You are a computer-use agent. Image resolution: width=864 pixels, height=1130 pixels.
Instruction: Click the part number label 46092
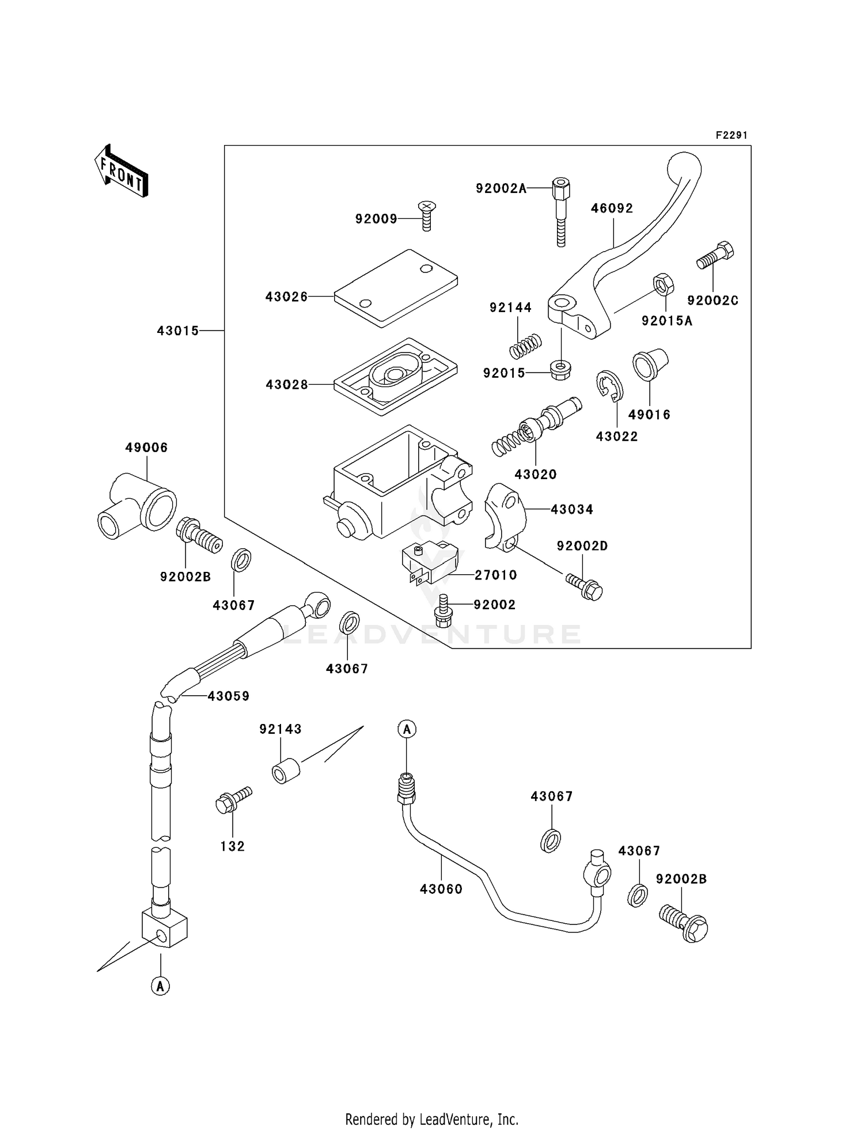pos(612,208)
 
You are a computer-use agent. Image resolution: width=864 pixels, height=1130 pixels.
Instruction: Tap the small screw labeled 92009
pos(426,215)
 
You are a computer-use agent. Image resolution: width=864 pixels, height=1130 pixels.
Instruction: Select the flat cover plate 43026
pos(396,288)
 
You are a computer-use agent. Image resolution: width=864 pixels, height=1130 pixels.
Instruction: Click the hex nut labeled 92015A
pos(664,285)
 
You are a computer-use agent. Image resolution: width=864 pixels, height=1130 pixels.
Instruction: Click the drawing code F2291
pos(732,135)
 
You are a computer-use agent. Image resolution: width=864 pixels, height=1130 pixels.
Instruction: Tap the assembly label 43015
pos(178,331)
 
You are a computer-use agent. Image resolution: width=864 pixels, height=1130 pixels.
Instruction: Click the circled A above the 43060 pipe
pos(407,729)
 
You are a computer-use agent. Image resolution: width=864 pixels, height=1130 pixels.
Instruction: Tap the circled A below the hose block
pos(161,986)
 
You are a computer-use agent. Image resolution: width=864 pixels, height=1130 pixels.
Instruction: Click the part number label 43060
pos(441,889)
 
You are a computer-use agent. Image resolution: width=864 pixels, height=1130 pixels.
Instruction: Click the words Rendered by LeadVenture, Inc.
pos(431,1119)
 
